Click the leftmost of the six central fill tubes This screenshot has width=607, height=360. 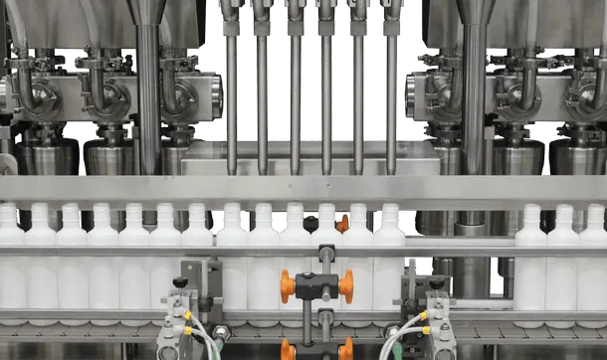[x=231, y=99]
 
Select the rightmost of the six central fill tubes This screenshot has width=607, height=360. [x=390, y=99]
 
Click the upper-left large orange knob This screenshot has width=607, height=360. [x=289, y=285]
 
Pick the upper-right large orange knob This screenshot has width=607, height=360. [x=345, y=285]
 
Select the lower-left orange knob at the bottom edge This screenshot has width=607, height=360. [x=288, y=349]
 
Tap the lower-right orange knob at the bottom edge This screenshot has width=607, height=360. [x=346, y=349]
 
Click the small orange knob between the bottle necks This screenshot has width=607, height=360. [x=343, y=224]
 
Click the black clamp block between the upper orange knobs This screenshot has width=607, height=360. [x=316, y=285]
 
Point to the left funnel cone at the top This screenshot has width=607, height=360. [x=148, y=12]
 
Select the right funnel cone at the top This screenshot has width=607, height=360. [x=475, y=12]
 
